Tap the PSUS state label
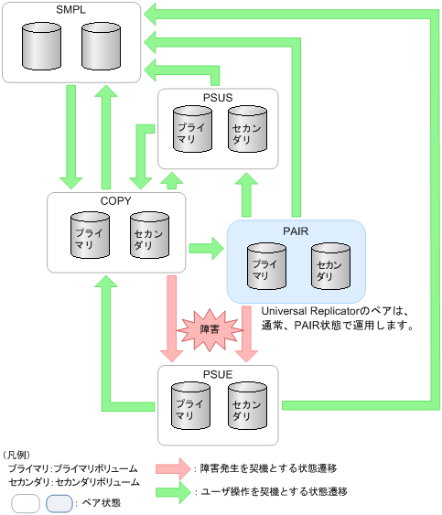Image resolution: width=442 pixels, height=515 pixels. point(218,97)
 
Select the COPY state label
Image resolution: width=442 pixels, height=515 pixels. point(116,201)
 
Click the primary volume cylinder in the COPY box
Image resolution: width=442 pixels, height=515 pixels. point(90,234)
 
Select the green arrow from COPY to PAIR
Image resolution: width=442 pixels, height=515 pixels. point(206,247)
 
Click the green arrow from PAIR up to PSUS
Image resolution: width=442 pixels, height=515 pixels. point(246,194)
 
